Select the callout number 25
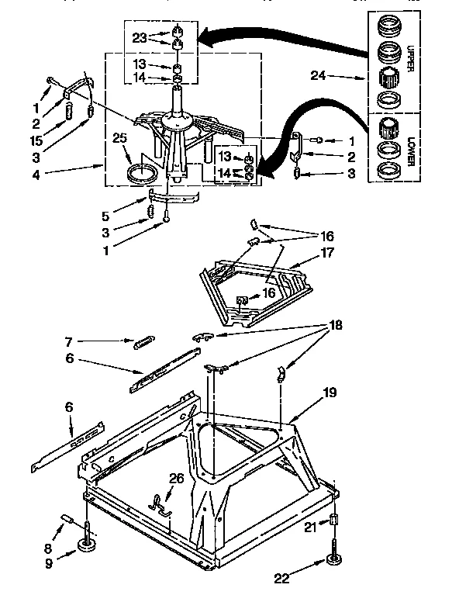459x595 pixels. [x=119, y=138]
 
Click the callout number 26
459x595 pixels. [x=177, y=479]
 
